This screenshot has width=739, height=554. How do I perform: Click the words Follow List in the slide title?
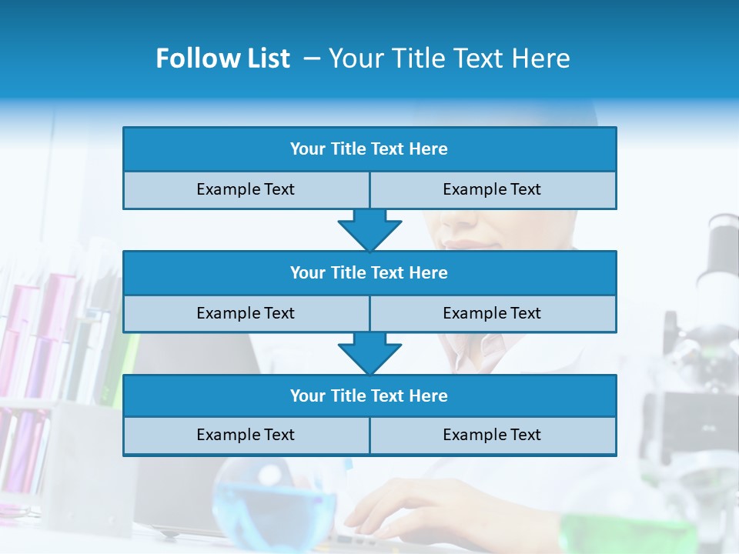[x=222, y=58]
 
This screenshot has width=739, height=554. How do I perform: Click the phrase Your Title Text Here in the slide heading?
[x=449, y=58]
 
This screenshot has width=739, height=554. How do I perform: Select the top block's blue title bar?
[x=369, y=149]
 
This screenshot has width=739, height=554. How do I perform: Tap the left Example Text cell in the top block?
[x=246, y=189]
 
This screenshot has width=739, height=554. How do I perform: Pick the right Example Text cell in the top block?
[x=493, y=189]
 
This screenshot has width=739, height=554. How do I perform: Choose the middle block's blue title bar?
[x=369, y=272]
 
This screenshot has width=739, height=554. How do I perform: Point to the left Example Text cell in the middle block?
[x=246, y=313]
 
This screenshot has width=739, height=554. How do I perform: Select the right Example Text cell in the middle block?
[x=493, y=313]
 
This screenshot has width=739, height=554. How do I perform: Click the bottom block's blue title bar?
[x=369, y=395]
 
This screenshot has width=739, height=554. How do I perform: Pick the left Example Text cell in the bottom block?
[x=246, y=435]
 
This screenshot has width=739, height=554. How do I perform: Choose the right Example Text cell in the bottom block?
[x=493, y=435]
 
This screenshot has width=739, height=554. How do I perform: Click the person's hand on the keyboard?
[x=400, y=512]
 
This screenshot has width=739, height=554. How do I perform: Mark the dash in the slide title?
[x=312, y=58]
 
